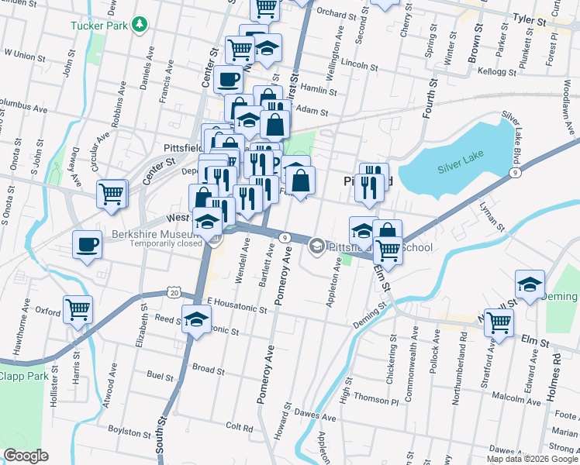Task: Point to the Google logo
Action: tap(26, 456)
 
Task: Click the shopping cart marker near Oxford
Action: tap(78, 309)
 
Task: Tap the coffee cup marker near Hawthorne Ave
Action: tap(87, 245)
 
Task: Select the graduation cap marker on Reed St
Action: tap(197, 318)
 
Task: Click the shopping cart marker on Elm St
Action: tap(499, 321)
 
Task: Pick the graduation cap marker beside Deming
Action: tap(530, 284)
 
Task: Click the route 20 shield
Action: tap(174, 292)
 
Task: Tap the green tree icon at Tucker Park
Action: tap(140, 26)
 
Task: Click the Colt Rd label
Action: tap(239, 427)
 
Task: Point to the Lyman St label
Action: tap(492, 219)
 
